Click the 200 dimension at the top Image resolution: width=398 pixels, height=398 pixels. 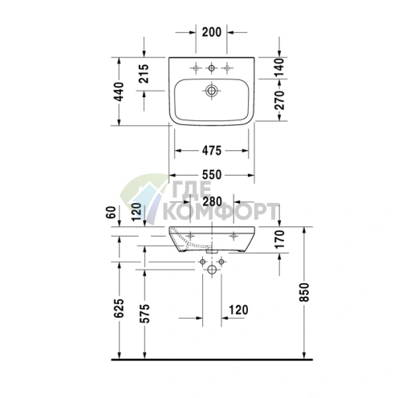pos(212,32)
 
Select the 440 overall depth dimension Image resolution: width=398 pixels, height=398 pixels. pos(119,91)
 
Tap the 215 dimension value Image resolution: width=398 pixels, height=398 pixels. pos(144,73)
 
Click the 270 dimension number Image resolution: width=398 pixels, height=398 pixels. pos(279,100)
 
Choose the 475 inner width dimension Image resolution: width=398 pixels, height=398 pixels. pos(212,151)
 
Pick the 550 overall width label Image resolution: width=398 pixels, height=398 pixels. pos(212,175)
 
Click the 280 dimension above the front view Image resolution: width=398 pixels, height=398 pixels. pos(212,201)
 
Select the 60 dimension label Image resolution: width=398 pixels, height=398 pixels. pos(111,213)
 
